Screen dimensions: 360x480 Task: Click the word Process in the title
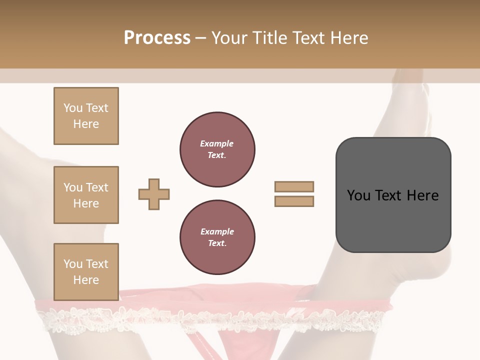click(157, 38)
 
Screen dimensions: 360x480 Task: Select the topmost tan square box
click(86, 116)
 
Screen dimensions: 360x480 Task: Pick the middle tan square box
click(86, 195)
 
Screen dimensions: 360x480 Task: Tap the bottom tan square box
click(86, 272)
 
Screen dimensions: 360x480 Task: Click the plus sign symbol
click(154, 194)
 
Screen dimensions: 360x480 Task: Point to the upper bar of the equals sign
click(294, 186)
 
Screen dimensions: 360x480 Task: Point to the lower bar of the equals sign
click(294, 201)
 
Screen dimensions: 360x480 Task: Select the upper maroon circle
click(217, 149)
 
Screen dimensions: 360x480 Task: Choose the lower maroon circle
click(217, 237)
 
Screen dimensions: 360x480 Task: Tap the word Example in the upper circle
click(217, 143)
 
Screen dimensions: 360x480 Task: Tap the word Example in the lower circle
click(217, 231)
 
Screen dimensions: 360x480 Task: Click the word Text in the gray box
click(389, 195)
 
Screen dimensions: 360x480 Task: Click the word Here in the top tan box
click(86, 124)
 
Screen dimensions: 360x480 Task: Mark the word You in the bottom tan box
click(73, 264)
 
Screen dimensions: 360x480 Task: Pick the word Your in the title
click(229, 38)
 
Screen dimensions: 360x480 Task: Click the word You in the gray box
click(358, 195)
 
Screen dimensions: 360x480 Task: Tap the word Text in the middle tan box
click(97, 187)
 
